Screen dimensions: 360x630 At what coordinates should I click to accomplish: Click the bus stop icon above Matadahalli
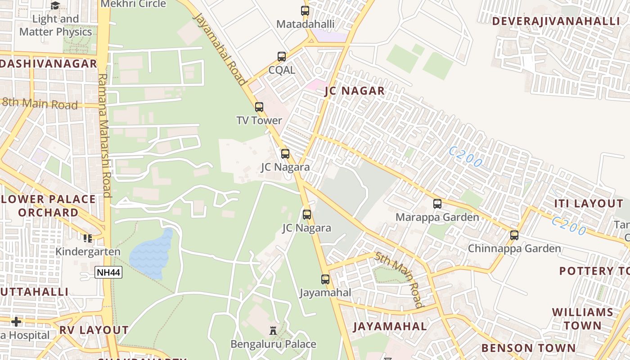305,10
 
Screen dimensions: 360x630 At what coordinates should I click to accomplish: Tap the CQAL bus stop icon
282,57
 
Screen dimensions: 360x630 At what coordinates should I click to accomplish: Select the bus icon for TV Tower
259,107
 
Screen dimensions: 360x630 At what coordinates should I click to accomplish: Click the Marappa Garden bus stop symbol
437,204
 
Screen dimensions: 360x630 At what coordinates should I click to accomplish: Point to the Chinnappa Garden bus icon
514,235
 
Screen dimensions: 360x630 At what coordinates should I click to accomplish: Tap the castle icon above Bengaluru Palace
273,331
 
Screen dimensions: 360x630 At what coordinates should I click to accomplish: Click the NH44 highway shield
108,272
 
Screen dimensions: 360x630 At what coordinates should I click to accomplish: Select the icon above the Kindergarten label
87,238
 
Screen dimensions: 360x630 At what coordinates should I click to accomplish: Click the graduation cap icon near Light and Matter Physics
55,5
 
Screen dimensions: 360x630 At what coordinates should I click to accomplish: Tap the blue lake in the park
151,254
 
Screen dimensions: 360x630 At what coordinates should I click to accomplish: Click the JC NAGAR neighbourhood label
355,91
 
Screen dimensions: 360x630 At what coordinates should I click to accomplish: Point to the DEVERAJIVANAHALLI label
556,21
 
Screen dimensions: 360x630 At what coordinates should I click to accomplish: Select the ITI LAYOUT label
588,203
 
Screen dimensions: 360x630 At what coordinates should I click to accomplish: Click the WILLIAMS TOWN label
583,319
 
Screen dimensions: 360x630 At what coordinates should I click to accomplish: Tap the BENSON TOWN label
528,348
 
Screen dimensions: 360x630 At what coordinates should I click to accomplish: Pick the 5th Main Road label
400,279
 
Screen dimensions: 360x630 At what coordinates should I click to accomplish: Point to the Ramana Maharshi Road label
104,135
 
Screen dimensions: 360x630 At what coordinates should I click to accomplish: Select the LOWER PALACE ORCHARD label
48,206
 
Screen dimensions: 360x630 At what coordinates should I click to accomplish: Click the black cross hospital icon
16,322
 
